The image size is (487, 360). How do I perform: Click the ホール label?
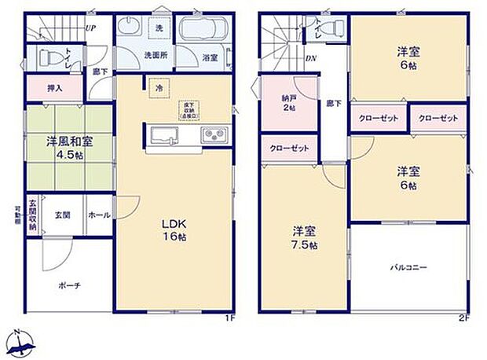pos(98,214)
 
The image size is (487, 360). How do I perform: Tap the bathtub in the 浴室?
pos(203,34)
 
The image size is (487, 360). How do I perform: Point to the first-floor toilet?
pos(53,57)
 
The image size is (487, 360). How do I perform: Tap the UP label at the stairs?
pos(90,28)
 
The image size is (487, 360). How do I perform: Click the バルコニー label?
pos(409,268)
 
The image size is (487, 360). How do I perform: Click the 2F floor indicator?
pos(463,318)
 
